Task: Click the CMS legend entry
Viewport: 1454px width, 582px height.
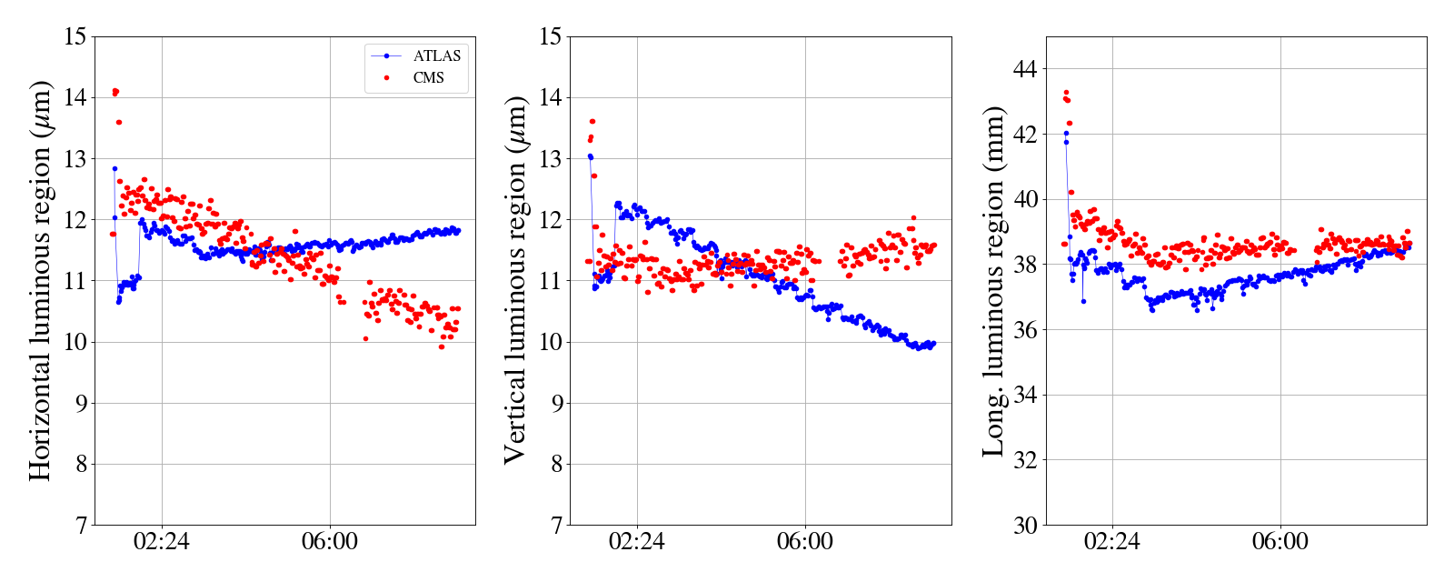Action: click(x=428, y=78)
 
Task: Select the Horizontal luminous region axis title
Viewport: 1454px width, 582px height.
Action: click(x=40, y=280)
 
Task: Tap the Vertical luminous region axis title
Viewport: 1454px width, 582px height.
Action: click(x=514, y=280)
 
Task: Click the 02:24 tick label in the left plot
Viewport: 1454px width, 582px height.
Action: click(x=162, y=542)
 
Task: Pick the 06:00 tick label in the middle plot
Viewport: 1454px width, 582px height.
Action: click(x=805, y=542)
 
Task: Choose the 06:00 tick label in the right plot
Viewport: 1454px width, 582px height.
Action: click(x=1280, y=542)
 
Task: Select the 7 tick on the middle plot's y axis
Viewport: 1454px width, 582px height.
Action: click(x=555, y=526)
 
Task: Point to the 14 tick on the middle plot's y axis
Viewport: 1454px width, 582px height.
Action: click(x=549, y=98)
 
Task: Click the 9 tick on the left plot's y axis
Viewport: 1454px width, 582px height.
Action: click(x=81, y=404)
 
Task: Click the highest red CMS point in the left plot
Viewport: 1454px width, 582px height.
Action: click(x=115, y=91)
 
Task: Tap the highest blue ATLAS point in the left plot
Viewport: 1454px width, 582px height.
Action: click(x=115, y=168)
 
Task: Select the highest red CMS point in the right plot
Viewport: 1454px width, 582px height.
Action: click(x=1066, y=92)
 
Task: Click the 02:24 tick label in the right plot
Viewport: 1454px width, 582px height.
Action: click(x=1112, y=542)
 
